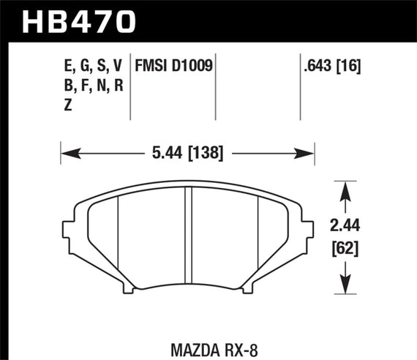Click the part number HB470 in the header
(80, 19)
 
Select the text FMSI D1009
(173, 67)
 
